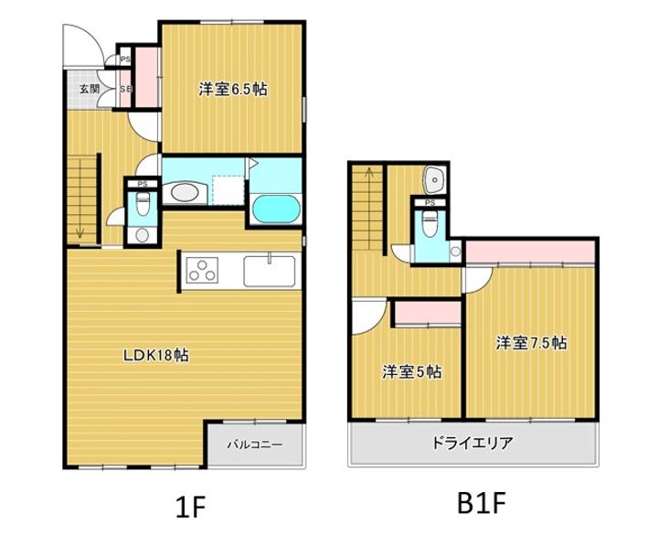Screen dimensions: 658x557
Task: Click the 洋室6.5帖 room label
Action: point(233,89)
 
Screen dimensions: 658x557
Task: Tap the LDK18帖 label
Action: point(155,356)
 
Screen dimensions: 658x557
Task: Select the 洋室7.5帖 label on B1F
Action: point(531,343)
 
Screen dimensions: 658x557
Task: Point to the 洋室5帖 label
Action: point(411,371)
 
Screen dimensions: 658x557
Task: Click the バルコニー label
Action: point(255,444)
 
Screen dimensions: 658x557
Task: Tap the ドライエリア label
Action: point(472,443)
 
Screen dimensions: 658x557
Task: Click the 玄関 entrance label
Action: point(90,89)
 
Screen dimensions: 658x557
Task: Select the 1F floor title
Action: point(190,507)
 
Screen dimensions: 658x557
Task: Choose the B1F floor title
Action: point(481,503)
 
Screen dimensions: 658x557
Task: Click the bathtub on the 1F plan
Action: point(275,209)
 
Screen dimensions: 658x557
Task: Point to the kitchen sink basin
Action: point(269,272)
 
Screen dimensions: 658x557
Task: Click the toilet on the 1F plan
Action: point(143,203)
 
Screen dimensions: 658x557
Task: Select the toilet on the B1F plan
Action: point(430,223)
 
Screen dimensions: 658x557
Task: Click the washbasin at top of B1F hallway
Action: point(435,180)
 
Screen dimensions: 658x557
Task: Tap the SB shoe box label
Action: point(125,89)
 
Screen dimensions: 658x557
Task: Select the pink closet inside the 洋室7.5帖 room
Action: point(530,252)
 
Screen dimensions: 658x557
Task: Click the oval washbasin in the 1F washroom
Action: point(184,193)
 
